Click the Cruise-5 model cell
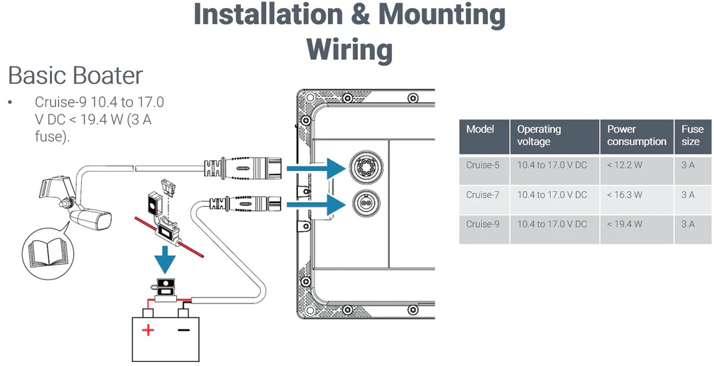click(x=483, y=165)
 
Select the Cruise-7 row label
click(x=483, y=195)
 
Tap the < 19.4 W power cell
click(x=625, y=224)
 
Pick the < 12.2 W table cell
click(x=625, y=165)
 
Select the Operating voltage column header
click(x=540, y=135)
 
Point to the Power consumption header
click(x=636, y=135)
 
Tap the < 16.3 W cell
click(x=625, y=195)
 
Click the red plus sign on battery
click(x=148, y=329)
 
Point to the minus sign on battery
click(x=184, y=329)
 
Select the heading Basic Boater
click(x=75, y=75)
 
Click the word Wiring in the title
click(x=349, y=49)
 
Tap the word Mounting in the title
click(x=440, y=15)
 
